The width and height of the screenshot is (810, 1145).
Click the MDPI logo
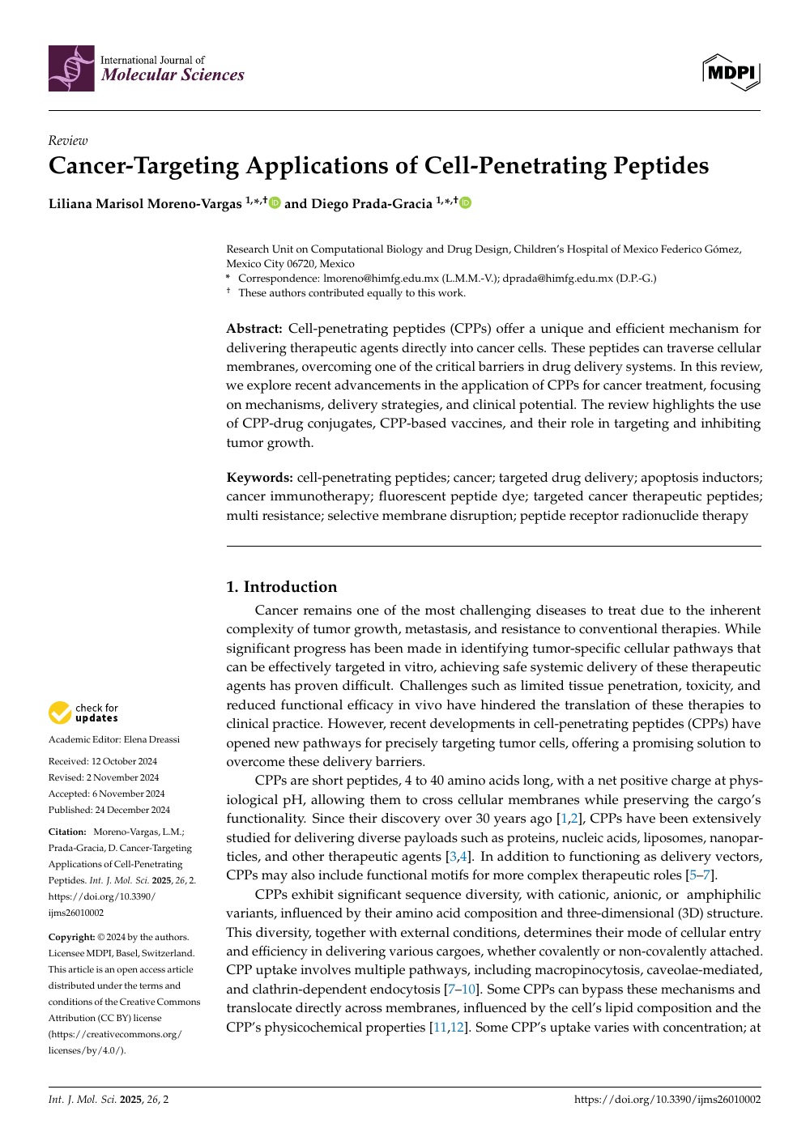coord(731,73)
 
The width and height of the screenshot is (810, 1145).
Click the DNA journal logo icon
coord(71,68)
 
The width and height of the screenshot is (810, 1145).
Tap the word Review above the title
coord(67,140)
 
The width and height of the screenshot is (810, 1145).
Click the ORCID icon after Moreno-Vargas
coord(275,202)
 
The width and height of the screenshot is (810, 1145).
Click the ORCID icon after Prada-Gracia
coord(465,202)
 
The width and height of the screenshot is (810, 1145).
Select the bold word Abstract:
coord(254,329)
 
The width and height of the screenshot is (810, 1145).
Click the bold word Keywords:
coord(259,478)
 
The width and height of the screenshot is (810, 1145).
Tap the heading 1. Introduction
coord(281,587)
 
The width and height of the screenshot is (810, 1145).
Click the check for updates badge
coord(83,713)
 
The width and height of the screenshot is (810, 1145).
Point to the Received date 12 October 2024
coord(124,761)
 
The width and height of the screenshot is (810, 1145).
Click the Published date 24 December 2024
coord(132,810)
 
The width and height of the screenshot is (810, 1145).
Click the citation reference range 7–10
coord(462,990)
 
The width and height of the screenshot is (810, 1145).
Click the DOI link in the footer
coord(667,1100)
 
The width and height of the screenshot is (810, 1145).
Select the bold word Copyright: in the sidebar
coord(71,937)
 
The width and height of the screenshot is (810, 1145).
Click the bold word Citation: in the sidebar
coord(67,832)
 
